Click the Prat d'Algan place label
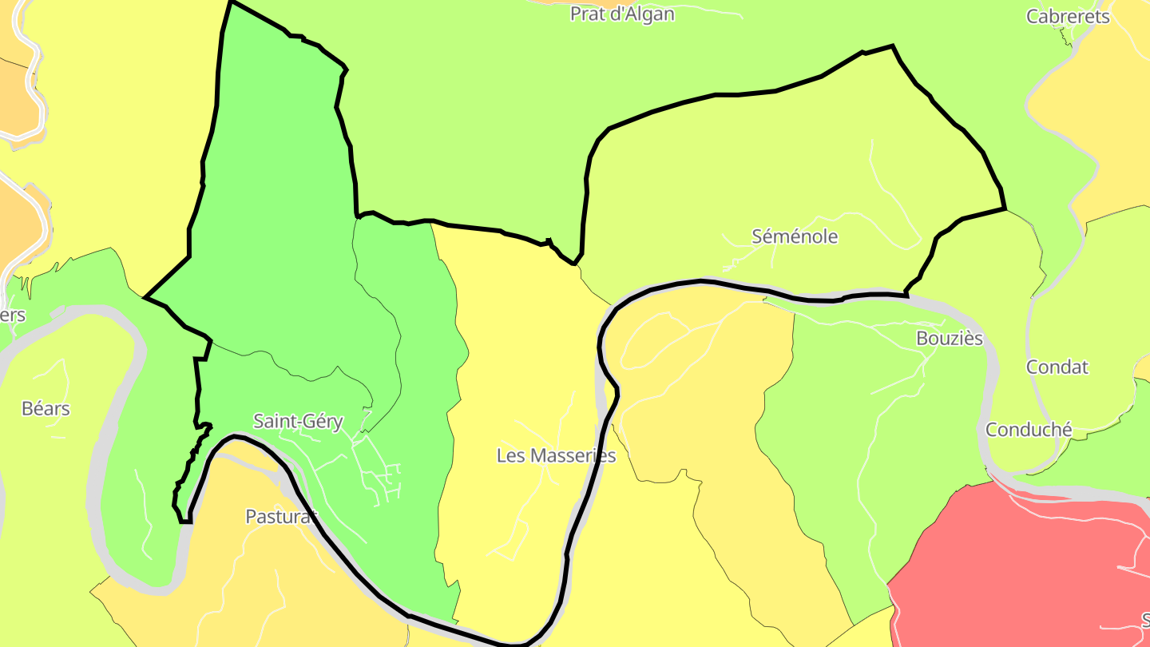[622, 14]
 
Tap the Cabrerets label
[1068, 17]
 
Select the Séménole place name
[795, 236]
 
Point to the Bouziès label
[949, 338]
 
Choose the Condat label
[1057, 367]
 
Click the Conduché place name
[1029, 430]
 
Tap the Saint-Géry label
[298, 421]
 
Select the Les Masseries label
[556, 455]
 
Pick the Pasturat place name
[280, 517]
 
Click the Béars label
[46, 409]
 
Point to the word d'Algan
[641, 14]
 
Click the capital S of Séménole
[758, 236]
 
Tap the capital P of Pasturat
[250, 517]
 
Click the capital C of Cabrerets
[1032, 17]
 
